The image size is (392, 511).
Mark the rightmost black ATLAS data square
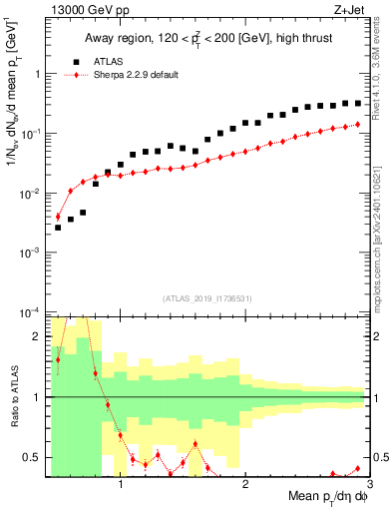[x=358, y=102]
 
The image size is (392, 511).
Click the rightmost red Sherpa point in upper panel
[x=358, y=125]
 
